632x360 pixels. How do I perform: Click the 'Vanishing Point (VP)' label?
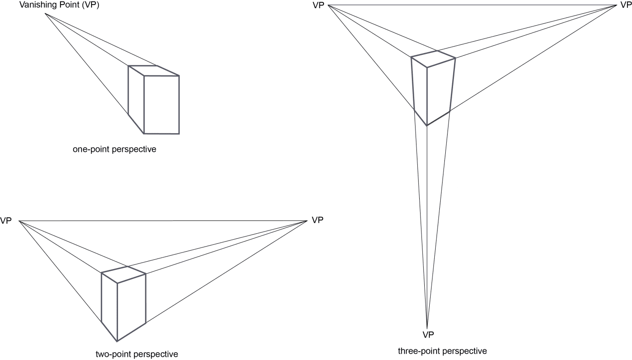point(59,5)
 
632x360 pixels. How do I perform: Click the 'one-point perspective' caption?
point(114,149)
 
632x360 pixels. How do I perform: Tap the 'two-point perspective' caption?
point(137,354)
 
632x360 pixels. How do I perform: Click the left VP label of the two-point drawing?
point(6,221)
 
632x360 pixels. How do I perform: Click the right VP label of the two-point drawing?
point(318,220)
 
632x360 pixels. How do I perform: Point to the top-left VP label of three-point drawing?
point(319,5)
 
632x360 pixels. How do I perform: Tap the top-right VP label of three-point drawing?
point(626,5)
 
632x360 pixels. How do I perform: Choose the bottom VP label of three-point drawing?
point(428,335)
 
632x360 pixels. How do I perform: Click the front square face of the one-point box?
point(162,105)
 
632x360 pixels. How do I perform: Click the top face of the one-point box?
point(154,71)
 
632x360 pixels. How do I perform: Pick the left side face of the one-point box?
point(136,99)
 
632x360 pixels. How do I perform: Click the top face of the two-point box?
point(124,274)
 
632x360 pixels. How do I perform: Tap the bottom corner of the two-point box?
point(117,341)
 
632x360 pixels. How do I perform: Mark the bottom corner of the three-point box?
point(427,125)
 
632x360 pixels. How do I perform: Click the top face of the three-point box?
point(433,59)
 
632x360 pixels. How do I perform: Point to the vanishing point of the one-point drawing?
point(45,14)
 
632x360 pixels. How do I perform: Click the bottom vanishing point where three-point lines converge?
point(427,329)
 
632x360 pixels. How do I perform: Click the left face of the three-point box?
point(420,90)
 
